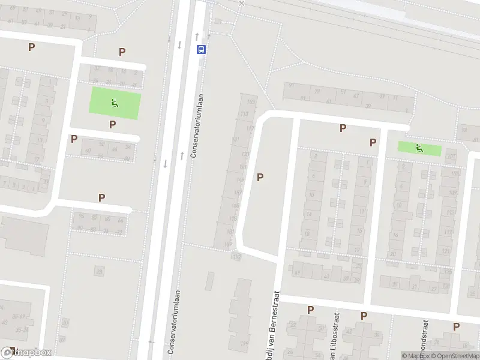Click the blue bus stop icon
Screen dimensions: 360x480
coord(201,50)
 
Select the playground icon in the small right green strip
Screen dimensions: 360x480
coord(418,148)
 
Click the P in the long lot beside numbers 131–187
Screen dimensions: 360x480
coord(260,177)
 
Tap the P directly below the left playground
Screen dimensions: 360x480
coord(112,124)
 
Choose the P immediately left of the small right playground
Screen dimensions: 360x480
coord(373,142)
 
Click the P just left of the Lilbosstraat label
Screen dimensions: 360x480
coord(310,310)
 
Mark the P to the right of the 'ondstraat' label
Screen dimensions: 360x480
coord(457,326)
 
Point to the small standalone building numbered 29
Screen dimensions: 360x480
coord(99,272)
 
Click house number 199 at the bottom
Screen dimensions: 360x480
coord(244,343)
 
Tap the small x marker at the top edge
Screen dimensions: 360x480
coord(241,3)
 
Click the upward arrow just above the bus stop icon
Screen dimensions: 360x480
coord(197,36)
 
